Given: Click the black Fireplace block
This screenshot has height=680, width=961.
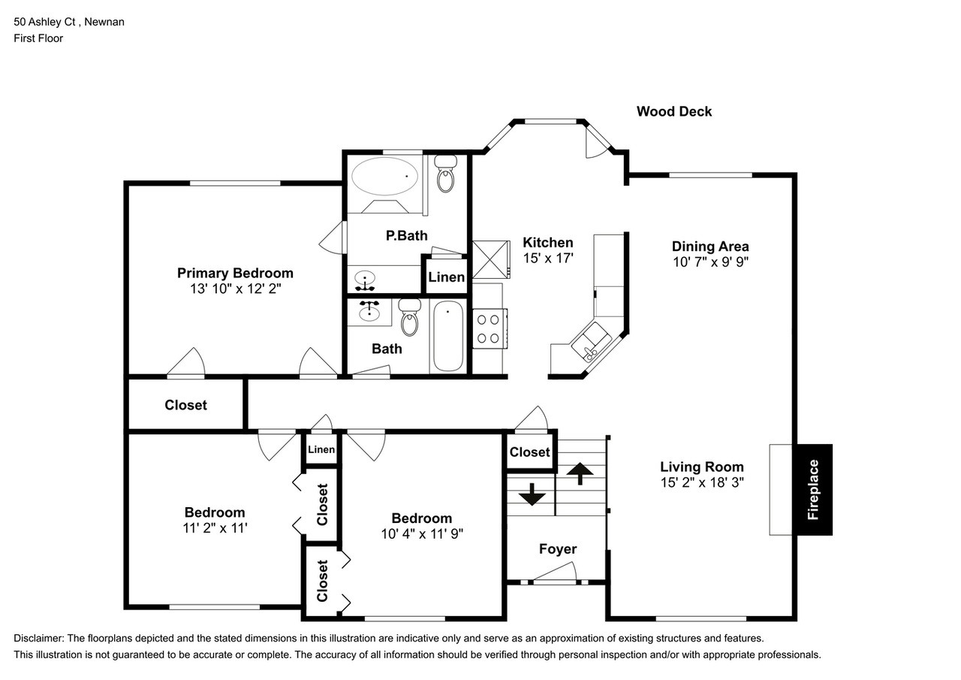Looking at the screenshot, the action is [x=815, y=490].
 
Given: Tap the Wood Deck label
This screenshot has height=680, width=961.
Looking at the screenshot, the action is [x=674, y=112].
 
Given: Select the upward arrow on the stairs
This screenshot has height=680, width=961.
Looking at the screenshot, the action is [x=580, y=473].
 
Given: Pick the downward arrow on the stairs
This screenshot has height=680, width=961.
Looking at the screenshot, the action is [x=532, y=494].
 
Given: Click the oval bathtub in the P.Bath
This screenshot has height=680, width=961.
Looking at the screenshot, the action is [x=384, y=177].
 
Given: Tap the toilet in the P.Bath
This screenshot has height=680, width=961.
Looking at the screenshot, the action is [x=446, y=174].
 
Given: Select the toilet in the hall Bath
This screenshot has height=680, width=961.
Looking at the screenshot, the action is [x=410, y=317].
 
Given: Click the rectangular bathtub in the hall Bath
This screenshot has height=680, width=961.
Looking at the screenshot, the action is [x=448, y=336].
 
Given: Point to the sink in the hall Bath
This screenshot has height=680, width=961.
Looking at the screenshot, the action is [x=369, y=311].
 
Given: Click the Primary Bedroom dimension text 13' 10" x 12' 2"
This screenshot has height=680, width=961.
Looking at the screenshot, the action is [x=236, y=289].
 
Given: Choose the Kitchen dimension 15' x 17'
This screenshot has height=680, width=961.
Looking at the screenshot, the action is [x=548, y=258].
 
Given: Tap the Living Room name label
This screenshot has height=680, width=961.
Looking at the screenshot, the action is [x=702, y=467].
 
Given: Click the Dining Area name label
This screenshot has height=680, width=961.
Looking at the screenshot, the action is [x=710, y=246].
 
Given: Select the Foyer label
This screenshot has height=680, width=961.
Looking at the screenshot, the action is [x=558, y=549].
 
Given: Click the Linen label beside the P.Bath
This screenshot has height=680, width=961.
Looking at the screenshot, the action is [x=446, y=277].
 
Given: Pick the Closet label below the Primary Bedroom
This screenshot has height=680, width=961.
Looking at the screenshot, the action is [x=185, y=405].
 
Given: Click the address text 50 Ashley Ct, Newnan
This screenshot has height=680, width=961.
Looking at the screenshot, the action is [x=69, y=22].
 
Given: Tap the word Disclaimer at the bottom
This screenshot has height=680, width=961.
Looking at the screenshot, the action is [x=38, y=639].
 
